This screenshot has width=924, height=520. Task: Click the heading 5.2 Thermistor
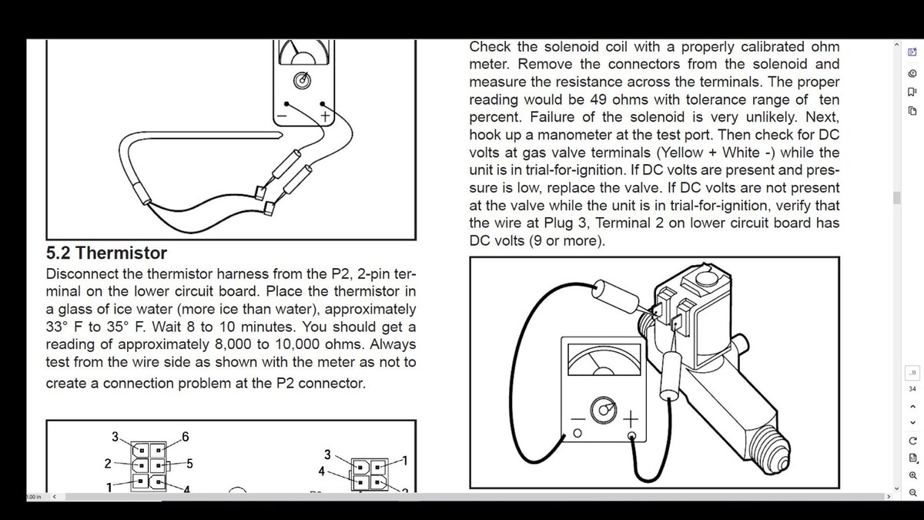106,253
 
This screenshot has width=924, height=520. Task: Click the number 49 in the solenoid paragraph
598,99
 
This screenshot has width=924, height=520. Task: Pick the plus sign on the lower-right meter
631,419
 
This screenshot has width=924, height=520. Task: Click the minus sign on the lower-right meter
578,419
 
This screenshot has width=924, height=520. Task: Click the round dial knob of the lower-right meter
604,410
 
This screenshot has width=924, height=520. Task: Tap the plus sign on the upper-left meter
325,116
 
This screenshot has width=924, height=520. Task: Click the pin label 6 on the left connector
186,437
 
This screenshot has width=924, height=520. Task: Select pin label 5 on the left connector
189,464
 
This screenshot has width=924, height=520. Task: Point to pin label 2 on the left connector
108,464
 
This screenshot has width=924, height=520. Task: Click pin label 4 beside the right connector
322,471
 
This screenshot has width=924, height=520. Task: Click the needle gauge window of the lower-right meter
604,360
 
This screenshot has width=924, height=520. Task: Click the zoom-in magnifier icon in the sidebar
913,475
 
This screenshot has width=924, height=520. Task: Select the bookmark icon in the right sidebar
912,92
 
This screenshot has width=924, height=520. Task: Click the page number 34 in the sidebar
912,389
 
